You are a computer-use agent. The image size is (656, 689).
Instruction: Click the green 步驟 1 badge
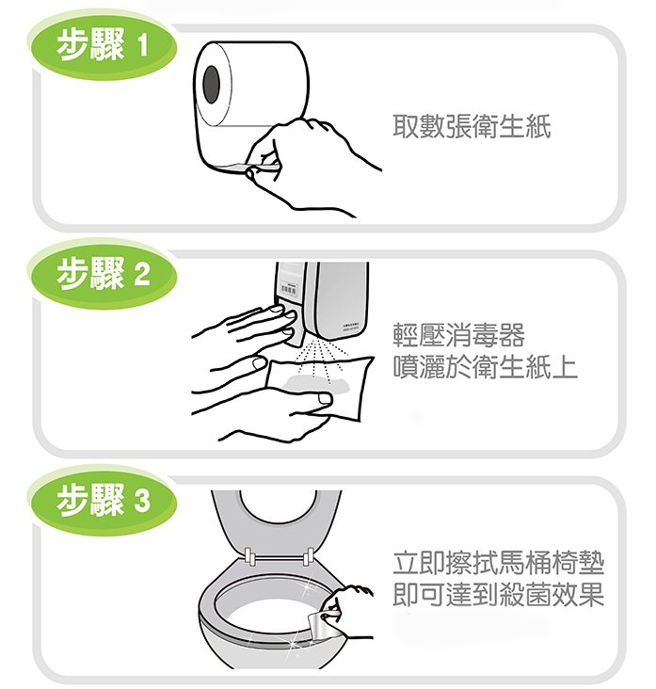pyautogui.click(x=104, y=47)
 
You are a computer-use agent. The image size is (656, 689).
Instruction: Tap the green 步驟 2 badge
pyautogui.click(x=104, y=275)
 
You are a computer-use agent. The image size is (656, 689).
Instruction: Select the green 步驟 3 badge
pyautogui.click(x=104, y=502)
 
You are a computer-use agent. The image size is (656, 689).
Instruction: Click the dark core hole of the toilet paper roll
pyautogui.click(x=212, y=85)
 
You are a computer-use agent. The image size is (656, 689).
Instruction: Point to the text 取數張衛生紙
pyautogui.click(x=472, y=127)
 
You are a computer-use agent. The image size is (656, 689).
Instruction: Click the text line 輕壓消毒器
pyautogui.click(x=458, y=335)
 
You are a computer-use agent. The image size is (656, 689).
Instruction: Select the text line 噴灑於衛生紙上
pyautogui.click(x=485, y=367)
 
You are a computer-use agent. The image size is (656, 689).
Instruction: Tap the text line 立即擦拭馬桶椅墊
pyautogui.click(x=498, y=564)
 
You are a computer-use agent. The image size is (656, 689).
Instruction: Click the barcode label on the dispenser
pyautogui.click(x=288, y=289)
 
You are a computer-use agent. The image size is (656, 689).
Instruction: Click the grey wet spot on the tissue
pyautogui.click(x=316, y=384)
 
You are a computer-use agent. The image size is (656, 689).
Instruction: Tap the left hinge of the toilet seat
pyautogui.click(x=248, y=556)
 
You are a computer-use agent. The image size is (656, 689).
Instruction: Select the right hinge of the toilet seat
pyautogui.click(x=308, y=556)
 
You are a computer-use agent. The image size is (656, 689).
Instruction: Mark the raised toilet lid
pyautogui.click(x=276, y=523)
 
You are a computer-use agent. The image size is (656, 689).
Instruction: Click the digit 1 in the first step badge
pyautogui.click(x=142, y=46)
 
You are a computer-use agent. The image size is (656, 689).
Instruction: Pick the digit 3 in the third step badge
pyautogui.click(x=142, y=502)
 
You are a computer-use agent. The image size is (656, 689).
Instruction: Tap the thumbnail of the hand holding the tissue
pyautogui.click(x=326, y=398)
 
